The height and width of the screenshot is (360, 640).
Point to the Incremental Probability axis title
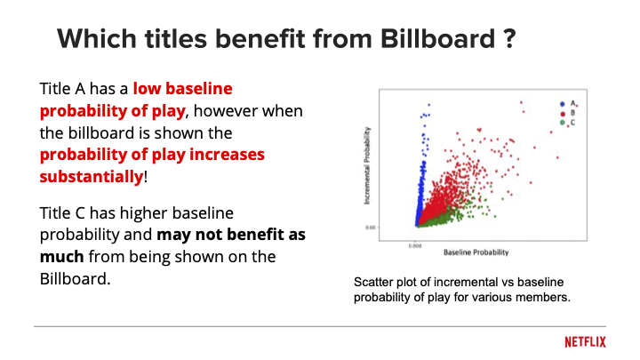pos(369,166)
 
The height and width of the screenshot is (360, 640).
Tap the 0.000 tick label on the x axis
pos(415,244)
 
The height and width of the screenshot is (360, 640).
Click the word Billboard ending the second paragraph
pos(75,278)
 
